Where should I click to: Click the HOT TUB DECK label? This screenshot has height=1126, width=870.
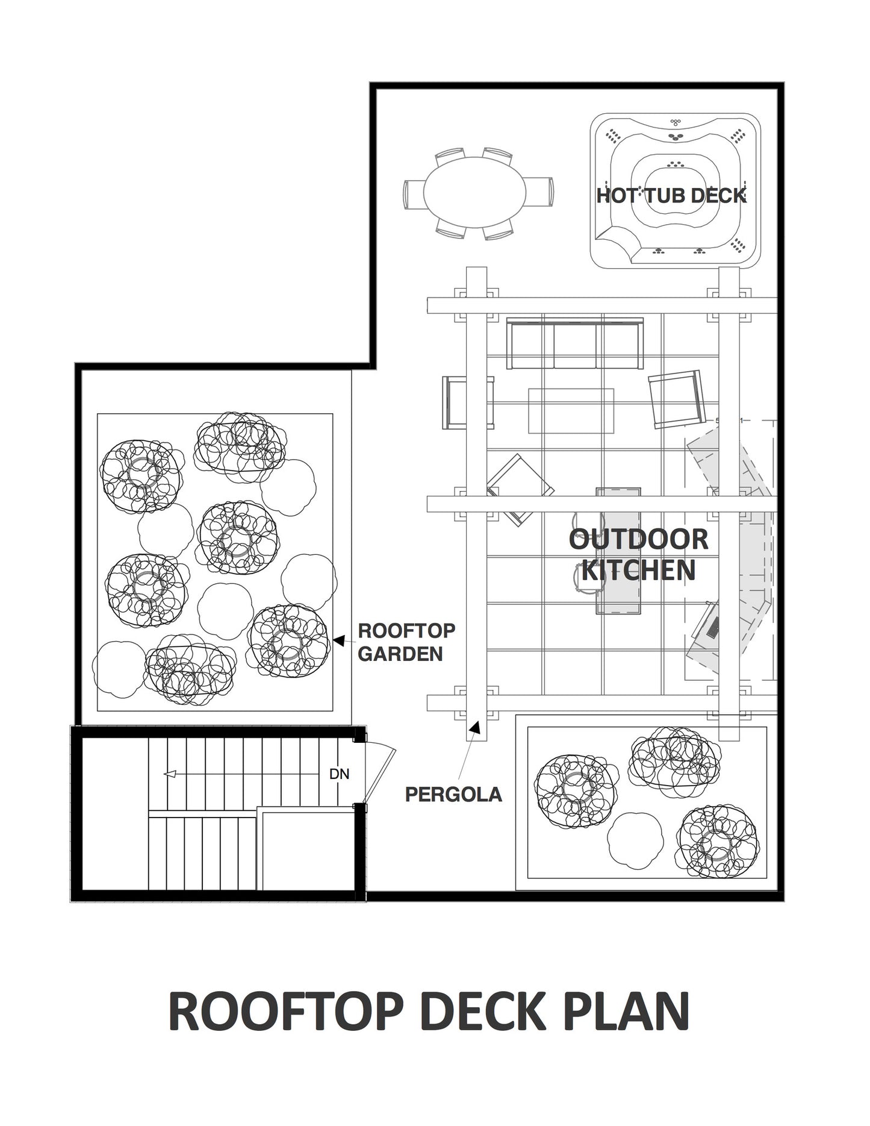671,195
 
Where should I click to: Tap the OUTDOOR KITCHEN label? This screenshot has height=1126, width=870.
638,555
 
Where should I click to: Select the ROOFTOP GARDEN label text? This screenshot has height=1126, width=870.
406,642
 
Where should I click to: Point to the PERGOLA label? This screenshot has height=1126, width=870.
453,794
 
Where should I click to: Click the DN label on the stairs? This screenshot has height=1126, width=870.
340,774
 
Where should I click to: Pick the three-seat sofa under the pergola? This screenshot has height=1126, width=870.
575,343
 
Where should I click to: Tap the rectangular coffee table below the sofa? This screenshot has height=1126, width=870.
571,411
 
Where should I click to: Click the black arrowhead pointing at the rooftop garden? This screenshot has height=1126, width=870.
338,640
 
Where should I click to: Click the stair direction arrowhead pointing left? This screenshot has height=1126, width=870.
170,774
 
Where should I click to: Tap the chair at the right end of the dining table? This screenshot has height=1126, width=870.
539,192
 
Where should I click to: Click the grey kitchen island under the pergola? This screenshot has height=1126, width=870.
618,551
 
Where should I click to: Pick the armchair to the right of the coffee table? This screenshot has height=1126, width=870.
677,399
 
